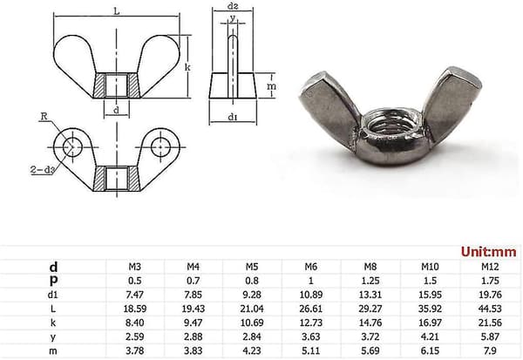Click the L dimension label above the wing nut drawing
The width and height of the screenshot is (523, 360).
[x=117, y=11]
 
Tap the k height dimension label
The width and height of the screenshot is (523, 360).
[x=187, y=67]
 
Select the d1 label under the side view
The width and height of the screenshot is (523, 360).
[x=233, y=117]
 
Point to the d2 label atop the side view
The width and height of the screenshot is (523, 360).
[x=233, y=6]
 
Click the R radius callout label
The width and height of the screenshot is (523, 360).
[x=44, y=116]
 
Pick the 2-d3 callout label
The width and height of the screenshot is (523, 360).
[x=43, y=170]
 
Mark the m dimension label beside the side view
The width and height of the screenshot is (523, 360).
[x=271, y=86]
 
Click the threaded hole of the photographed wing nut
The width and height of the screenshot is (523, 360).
[x=391, y=126]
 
